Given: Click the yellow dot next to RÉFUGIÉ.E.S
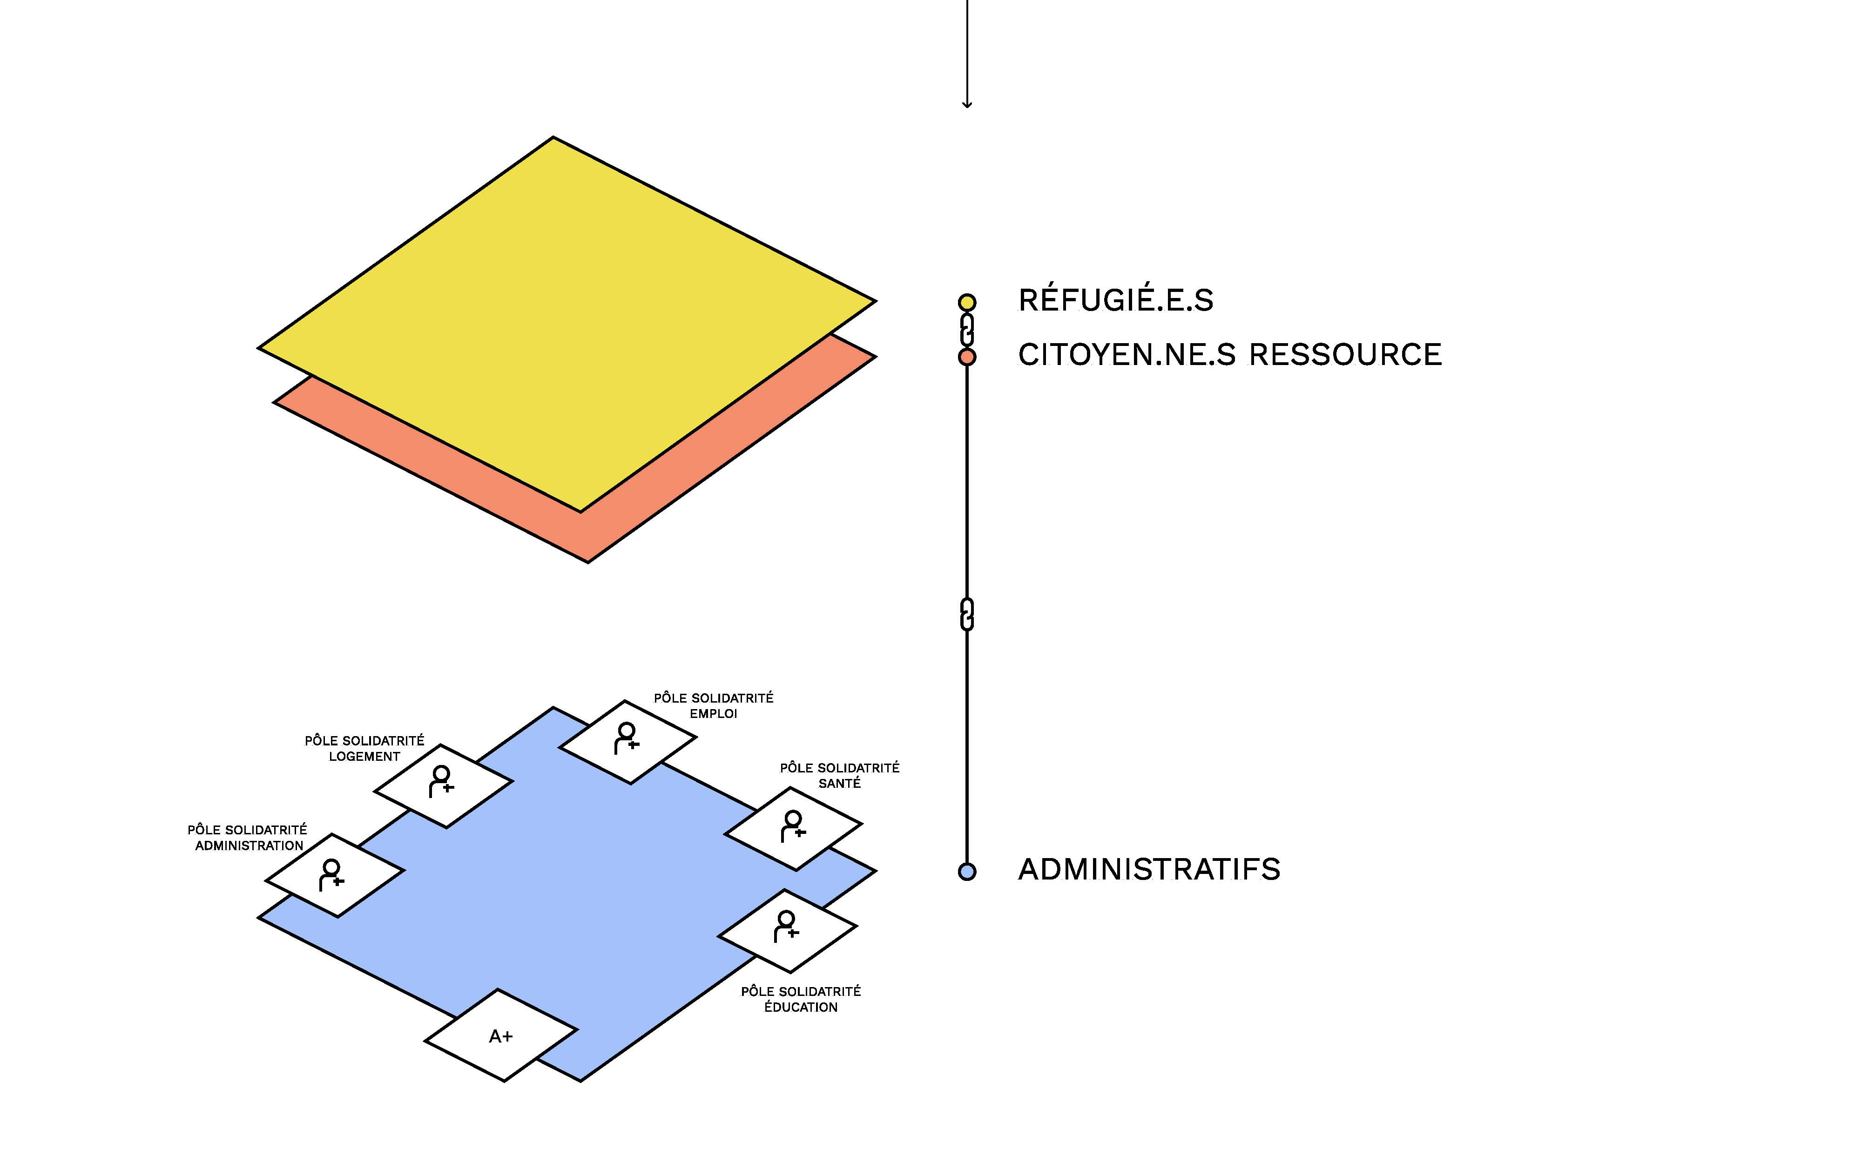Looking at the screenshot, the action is click(x=967, y=303).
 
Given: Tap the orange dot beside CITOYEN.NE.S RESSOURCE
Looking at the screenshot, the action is click(x=967, y=357).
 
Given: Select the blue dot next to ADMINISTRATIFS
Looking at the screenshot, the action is click(x=967, y=872).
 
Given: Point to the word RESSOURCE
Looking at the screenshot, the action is click(x=1345, y=354).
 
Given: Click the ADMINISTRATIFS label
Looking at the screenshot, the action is click(x=1149, y=869).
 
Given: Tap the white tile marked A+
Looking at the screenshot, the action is click(x=501, y=1035).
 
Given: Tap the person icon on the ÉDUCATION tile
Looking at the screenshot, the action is click(x=786, y=926).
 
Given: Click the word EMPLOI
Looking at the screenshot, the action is click(x=713, y=714).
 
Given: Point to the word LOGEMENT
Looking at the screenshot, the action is click(x=364, y=756).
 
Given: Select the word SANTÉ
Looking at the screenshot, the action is click(x=839, y=783).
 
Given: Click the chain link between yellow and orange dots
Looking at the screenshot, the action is click(x=967, y=330).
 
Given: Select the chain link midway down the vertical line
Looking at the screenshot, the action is click(x=967, y=614).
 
